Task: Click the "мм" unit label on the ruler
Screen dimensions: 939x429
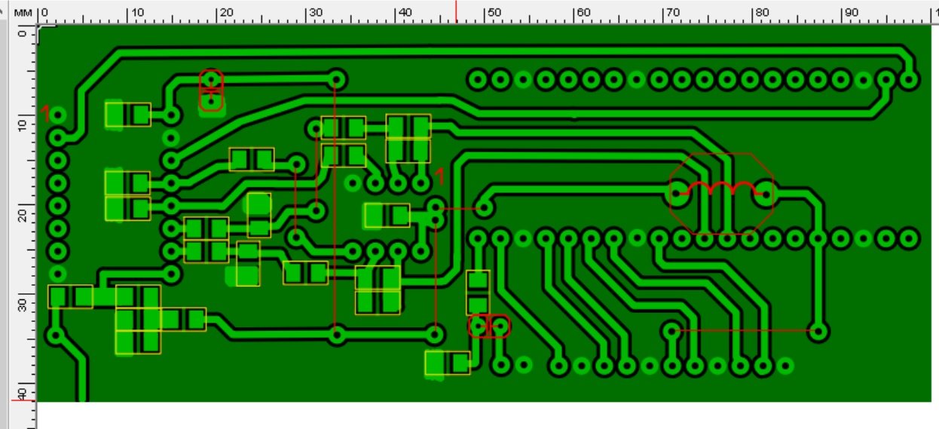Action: pyautogui.click(x=23, y=13)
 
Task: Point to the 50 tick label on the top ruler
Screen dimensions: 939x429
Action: pyautogui.click(x=494, y=12)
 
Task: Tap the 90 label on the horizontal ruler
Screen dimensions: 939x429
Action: pyautogui.click(x=852, y=12)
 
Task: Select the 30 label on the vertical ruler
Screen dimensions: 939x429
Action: pyautogui.click(x=22, y=305)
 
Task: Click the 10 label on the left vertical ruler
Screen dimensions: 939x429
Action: pyautogui.click(x=22, y=125)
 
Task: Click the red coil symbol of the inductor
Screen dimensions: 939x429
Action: pyautogui.click(x=721, y=188)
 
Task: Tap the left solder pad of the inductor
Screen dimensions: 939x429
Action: pyautogui.click(x=677, y=194)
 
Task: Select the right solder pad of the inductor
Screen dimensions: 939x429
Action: pyautogui.click(x=766, y=194)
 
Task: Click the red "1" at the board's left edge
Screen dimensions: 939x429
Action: pyautogui.click(x=45, y=114)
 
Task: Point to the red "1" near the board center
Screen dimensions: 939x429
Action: pyautogui.click(x=439, y=176)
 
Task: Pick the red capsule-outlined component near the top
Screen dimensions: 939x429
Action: pyautogui.click(x=211, y=90)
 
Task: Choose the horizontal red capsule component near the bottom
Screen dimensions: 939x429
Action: pyautogui.click(x=489, y=326)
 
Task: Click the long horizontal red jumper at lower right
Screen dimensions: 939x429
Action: pyautogui.click(x=745, y=330)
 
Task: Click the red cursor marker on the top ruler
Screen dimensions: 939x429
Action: pyautogui.click(x=456, y=11)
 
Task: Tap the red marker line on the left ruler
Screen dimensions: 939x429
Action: pyautogui.click(x=23, y=400)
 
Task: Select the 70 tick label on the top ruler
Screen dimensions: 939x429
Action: pyautogui.click(x=673, y=12)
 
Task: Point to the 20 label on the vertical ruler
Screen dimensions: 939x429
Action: pyautogui.click(x=22, y=216)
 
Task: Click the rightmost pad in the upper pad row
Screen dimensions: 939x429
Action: pyautogui.click(x=908, y=79)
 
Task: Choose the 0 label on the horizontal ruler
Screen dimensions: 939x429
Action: pyautogui.click(x=45, y=13)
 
